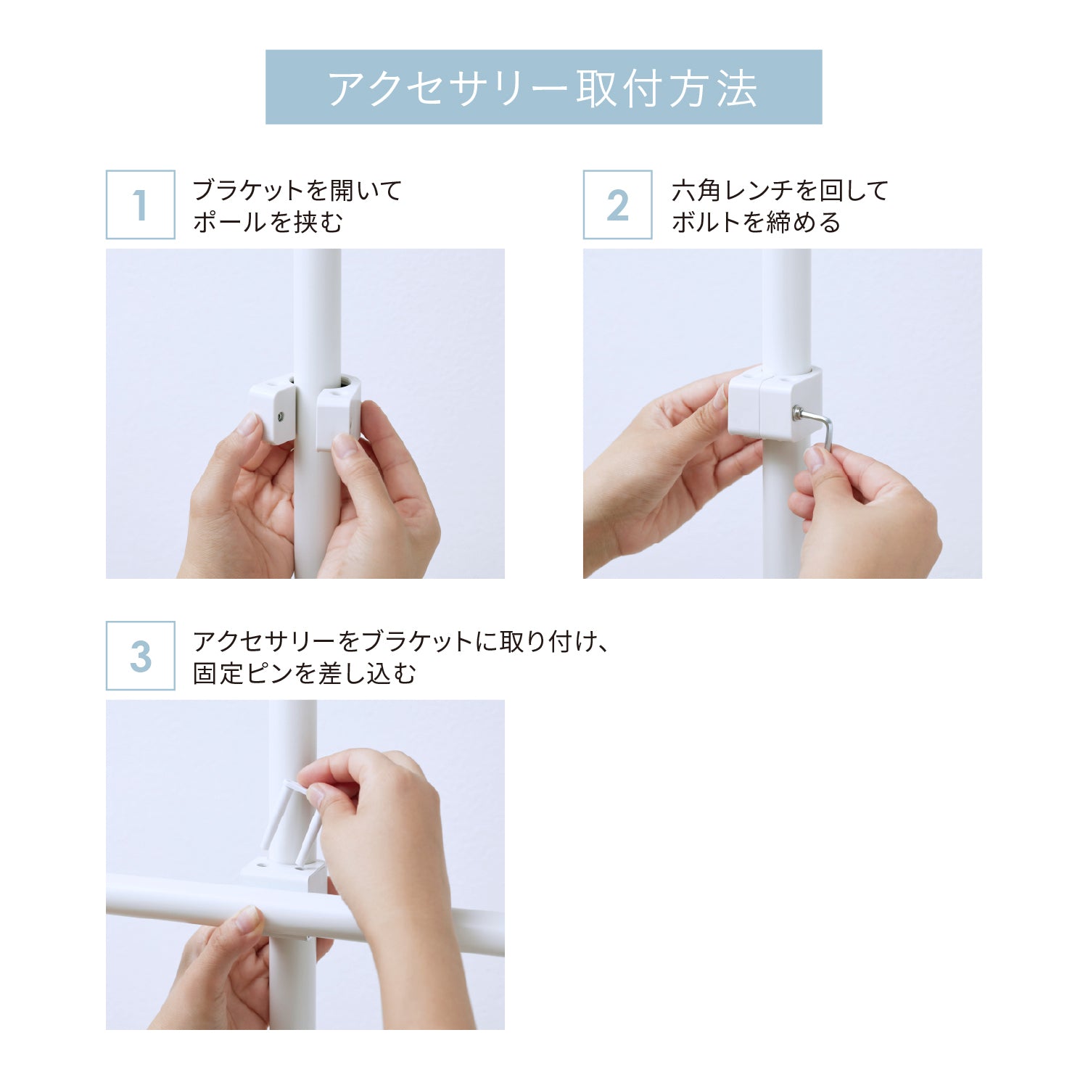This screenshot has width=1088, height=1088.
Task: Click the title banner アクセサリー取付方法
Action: [x=543, y=87]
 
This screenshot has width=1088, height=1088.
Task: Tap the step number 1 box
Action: [x=140, y=205]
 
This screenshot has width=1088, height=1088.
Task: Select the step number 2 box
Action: [x=617, y=205]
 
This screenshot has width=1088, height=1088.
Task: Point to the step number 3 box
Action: [x=140, y=656]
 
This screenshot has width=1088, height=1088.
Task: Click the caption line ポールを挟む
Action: [x=268, y=222]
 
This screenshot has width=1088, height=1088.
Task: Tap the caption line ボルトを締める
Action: [x=757, y=222]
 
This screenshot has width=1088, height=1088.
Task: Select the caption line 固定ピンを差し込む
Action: [x=305, y=673]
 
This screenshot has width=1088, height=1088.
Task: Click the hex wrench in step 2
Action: [x=816, y=427]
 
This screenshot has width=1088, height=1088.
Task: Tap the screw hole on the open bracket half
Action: [x=280, y=416]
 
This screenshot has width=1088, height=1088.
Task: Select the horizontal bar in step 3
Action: [x=305, y=915]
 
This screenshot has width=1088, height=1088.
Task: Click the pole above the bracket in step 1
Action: [x=317, y=312]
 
